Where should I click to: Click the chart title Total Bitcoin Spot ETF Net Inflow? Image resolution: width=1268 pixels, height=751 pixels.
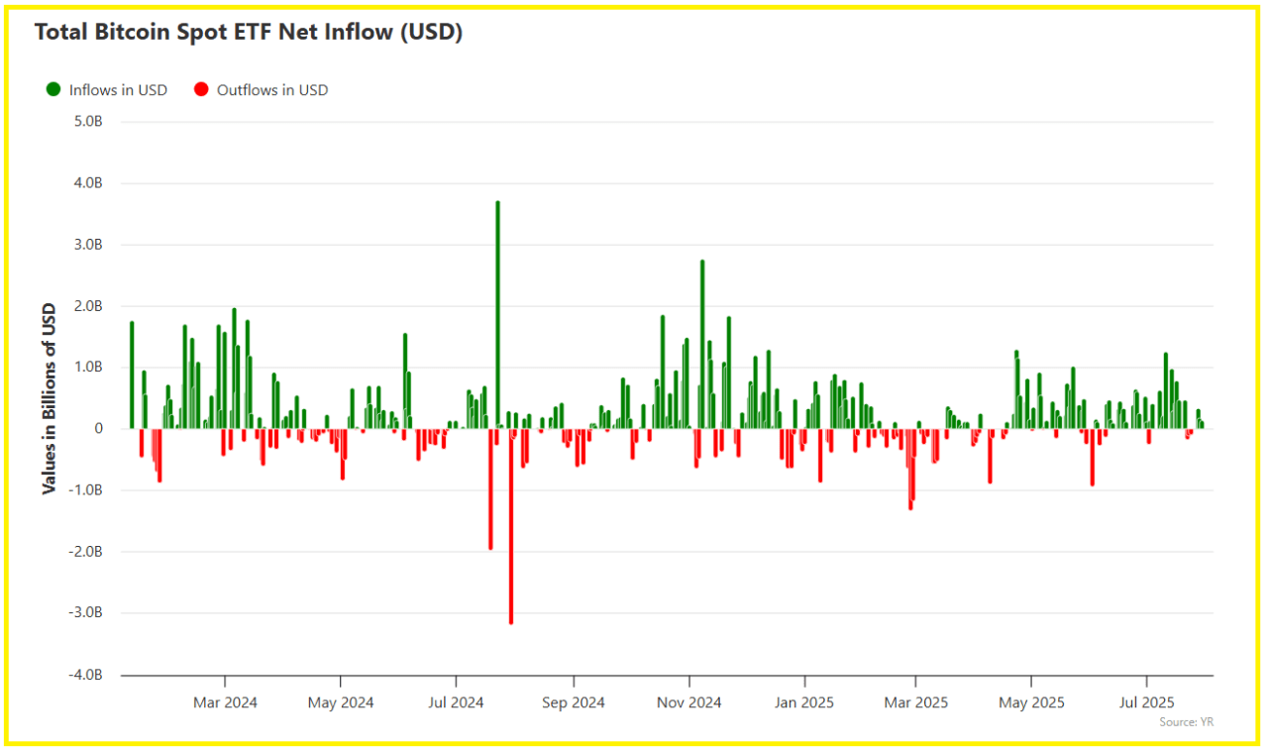249,32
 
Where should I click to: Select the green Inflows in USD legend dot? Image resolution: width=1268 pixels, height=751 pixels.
53,89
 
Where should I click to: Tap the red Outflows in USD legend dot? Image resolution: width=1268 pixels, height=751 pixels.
201,89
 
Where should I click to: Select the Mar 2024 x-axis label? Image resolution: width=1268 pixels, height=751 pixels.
225,702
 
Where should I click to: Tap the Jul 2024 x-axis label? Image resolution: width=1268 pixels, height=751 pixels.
456,702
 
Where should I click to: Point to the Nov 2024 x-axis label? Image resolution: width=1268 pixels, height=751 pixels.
688,702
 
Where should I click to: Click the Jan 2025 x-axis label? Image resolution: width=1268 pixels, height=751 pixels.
804,702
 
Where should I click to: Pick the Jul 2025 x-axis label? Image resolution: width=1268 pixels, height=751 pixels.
1146,702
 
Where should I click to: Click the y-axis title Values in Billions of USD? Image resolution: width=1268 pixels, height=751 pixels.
49,398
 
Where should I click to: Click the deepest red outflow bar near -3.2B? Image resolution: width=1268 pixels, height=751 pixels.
511,525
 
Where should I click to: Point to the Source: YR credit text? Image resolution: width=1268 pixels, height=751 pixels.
1186,722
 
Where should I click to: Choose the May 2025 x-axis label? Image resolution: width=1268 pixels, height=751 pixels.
1031,702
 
